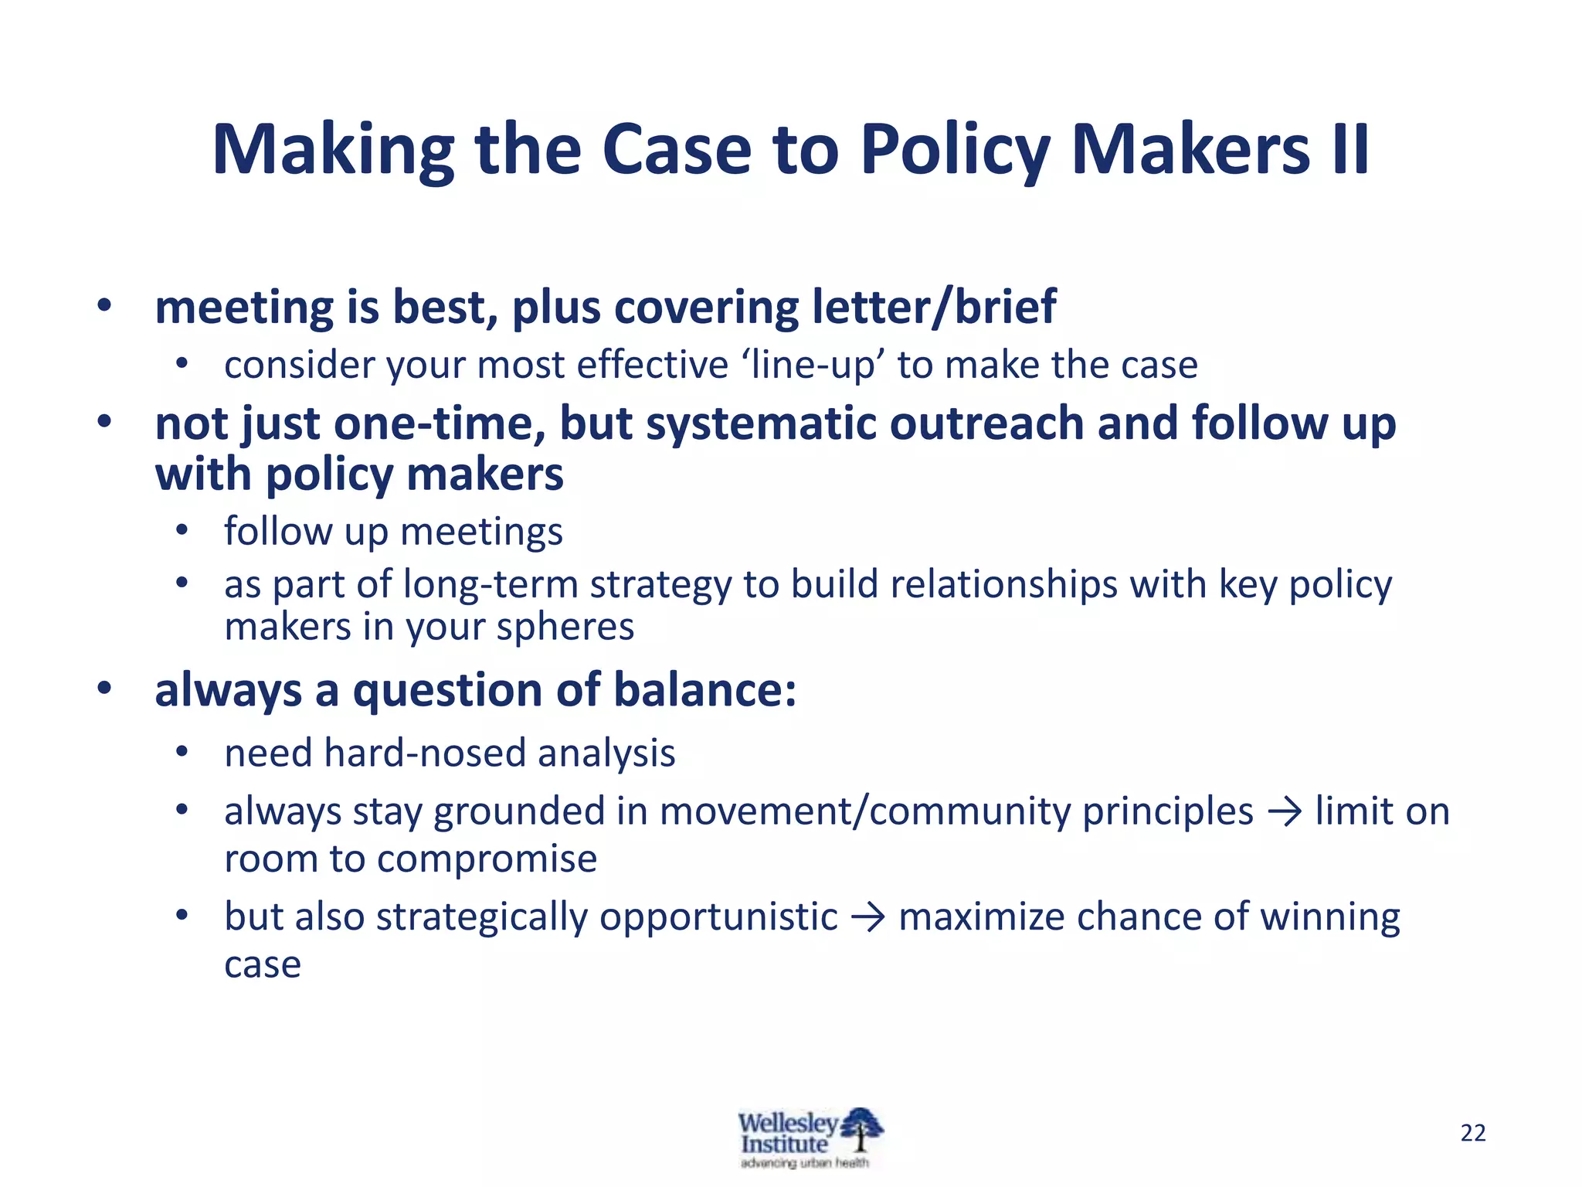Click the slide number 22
pyautogui.click(x=1473, y=1133)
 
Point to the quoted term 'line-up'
pyautogui.click(x=818, y=365)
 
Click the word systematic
pyautogui.click(x=761, y=424)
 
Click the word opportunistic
pyautogui.click(x=718, y=918)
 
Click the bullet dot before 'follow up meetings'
pyautogui.click(x=182, y=532)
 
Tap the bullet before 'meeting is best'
pyautogui.click(x=104, y=307)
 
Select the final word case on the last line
pyautogui.click(x=263, y=965)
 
